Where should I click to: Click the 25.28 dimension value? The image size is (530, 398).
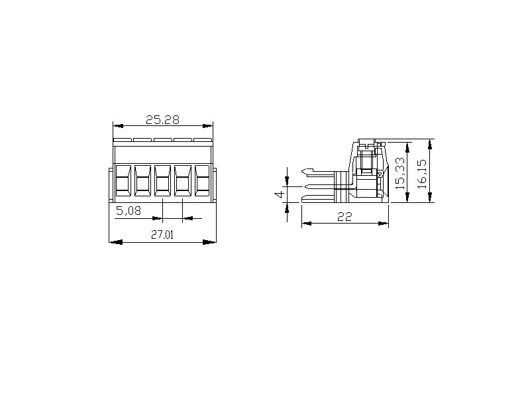click(162, 120)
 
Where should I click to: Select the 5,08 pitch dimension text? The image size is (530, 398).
click(129, 211)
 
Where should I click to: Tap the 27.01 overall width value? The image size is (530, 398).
click(162, 235)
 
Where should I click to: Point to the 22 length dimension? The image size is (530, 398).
click(344, 217)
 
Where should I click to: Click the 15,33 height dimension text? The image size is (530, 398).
click(400, 173)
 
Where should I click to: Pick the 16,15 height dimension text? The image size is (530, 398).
click(422, 174)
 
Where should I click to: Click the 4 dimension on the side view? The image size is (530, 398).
click(279, 195)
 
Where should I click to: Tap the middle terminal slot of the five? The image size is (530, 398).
click(162, 180)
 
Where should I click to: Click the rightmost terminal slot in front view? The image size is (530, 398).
click(203, 180)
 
